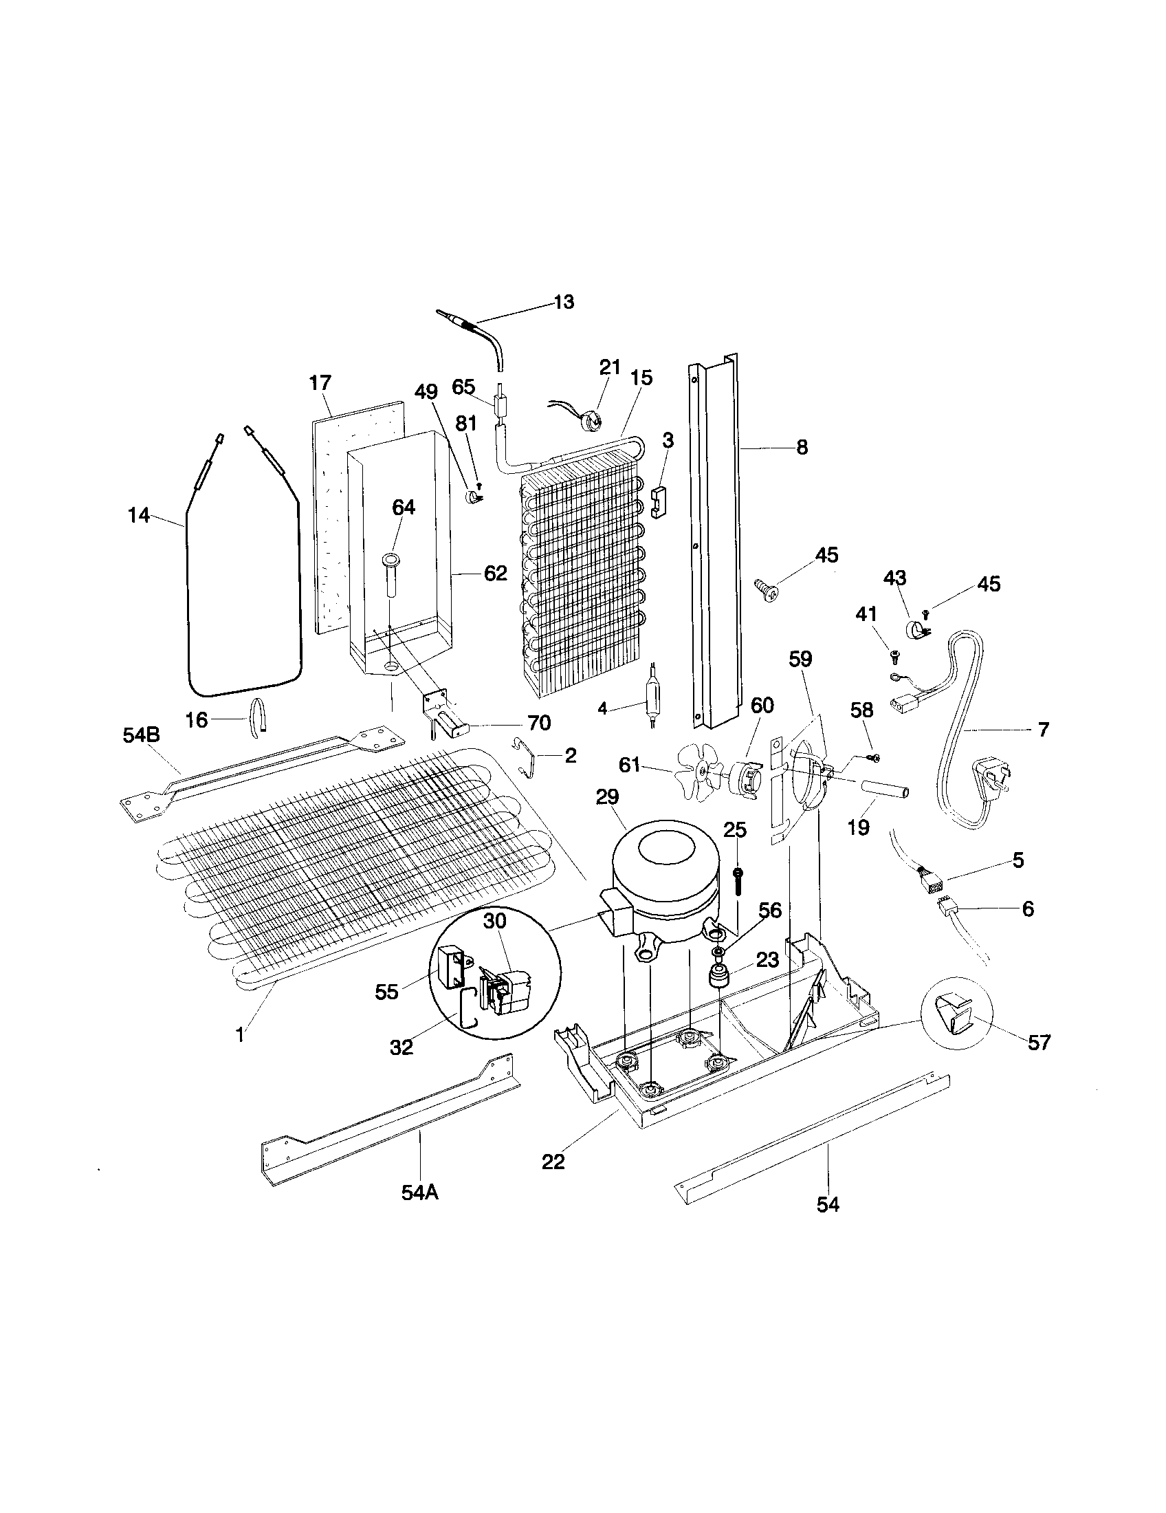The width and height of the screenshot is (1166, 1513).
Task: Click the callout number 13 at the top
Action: [564, 303]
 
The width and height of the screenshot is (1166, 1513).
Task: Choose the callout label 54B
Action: [141, 734]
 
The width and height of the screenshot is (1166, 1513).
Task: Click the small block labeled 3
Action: [661, 500]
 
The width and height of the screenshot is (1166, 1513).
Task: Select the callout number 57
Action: [1039, 1042]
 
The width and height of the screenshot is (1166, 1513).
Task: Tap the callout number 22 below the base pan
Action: [553, 1162]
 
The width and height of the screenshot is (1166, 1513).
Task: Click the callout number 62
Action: [496, 574]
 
